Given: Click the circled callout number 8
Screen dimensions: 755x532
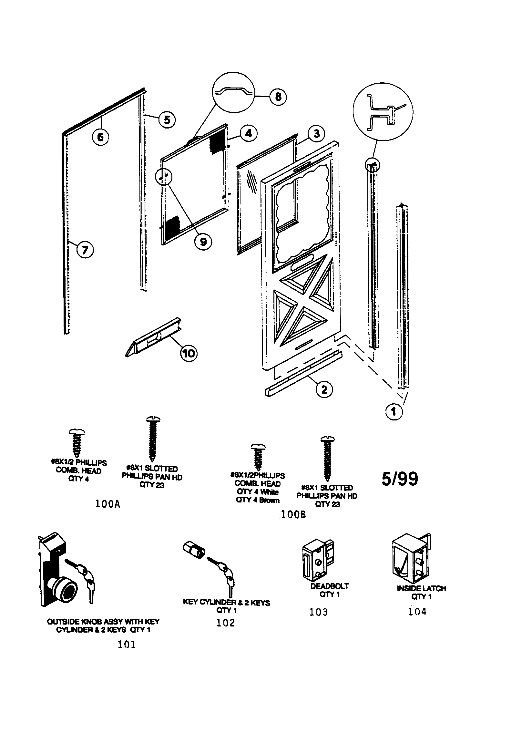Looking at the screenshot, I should (x=278, y=97).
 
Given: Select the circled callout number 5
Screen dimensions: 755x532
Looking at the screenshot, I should (x=167, y=120).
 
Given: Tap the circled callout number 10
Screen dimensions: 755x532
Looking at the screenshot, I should (x=189, y=354).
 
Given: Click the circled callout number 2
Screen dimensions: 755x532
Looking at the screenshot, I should (x=324, y=390).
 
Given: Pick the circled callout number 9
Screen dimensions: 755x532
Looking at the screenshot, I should (x=203, y=242).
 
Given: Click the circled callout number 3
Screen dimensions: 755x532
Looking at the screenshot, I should (x=316, y=134).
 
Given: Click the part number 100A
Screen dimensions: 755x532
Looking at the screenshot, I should (x=107, y=504).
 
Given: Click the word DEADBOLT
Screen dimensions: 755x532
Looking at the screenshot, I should (x=330, y=586).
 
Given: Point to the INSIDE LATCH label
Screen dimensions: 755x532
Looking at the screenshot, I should (x=421, y=588).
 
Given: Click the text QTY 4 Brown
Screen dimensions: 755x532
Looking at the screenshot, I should (x=258, y=500).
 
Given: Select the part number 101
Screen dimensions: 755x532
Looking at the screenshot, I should (x=127, y=644).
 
